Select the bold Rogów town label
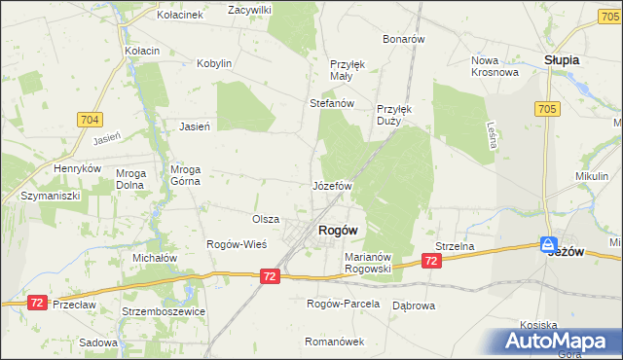[337, 231]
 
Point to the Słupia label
[562, 59]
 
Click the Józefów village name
[331, 185]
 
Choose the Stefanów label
[330, 102]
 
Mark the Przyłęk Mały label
[348, 70]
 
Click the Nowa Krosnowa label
[492, 65]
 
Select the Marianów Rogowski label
[367, 263]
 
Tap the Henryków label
[79, 168]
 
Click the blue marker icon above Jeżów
[549, 245]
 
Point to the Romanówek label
[334, 342]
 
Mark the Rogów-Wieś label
[232, 243]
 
